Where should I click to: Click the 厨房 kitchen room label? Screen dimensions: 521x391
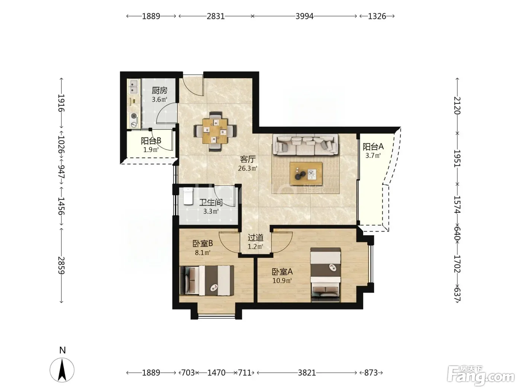point(160,90)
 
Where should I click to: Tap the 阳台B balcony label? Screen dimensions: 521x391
point(151,141)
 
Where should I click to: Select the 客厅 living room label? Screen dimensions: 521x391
point(247,159)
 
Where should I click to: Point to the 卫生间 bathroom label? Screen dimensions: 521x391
point(211,202)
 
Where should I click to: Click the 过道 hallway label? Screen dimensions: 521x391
point(255,238)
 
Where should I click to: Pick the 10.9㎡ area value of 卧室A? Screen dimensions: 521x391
point(282,281)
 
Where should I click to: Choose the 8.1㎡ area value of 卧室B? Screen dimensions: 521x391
point(202,252)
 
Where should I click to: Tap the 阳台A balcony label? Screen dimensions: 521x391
point(373,147)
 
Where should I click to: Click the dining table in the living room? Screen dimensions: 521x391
point(215,131)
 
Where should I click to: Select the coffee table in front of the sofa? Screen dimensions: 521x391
point(306,174)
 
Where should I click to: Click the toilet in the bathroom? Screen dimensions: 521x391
point(188,196)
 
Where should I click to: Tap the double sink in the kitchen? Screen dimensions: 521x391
point(134,86)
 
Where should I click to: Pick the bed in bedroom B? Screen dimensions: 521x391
point(207,281)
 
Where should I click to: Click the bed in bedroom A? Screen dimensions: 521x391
point(326,275)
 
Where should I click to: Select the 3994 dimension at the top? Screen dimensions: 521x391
point(304,16)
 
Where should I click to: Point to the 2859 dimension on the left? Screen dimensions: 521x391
point(61,265)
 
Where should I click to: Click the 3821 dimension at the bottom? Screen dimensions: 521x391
point(307,373)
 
